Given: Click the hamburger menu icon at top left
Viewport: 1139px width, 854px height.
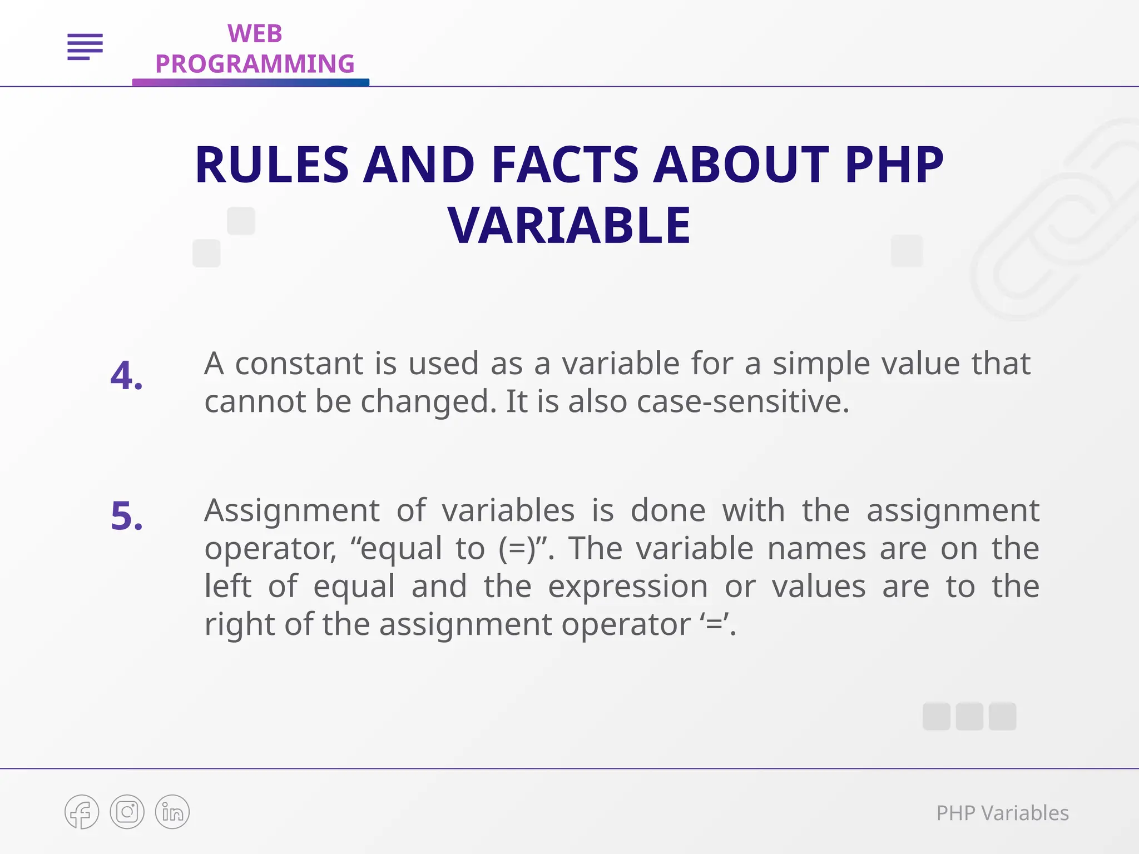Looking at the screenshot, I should coord(85,47).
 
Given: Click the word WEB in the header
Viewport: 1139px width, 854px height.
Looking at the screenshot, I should coord(255,34).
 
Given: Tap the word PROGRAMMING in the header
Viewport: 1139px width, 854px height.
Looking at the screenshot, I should coord(255,64).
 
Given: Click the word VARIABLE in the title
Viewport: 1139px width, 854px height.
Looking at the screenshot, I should coord(569,225).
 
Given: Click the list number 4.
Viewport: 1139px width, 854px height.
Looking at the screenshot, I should coord(126,376).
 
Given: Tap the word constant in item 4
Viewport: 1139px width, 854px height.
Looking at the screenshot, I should coord(300,364).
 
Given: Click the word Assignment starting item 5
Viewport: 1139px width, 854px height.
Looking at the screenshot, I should coord(291,511).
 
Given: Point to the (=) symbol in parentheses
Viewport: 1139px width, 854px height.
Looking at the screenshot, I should coord(517,549).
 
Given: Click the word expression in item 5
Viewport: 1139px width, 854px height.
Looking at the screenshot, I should coord(627,587).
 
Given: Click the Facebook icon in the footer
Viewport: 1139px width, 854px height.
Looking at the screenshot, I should coord(82,812).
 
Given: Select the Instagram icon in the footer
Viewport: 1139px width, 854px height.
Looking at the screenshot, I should coord(127,812).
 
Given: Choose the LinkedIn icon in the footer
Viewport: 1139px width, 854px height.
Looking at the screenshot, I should coord(172,812).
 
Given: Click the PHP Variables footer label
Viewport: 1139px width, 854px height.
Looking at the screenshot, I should coord(1002,813).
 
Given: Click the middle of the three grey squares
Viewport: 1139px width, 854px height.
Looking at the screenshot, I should coord(969,716).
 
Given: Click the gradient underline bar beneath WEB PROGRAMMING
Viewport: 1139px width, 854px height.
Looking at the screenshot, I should coord(250,83).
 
